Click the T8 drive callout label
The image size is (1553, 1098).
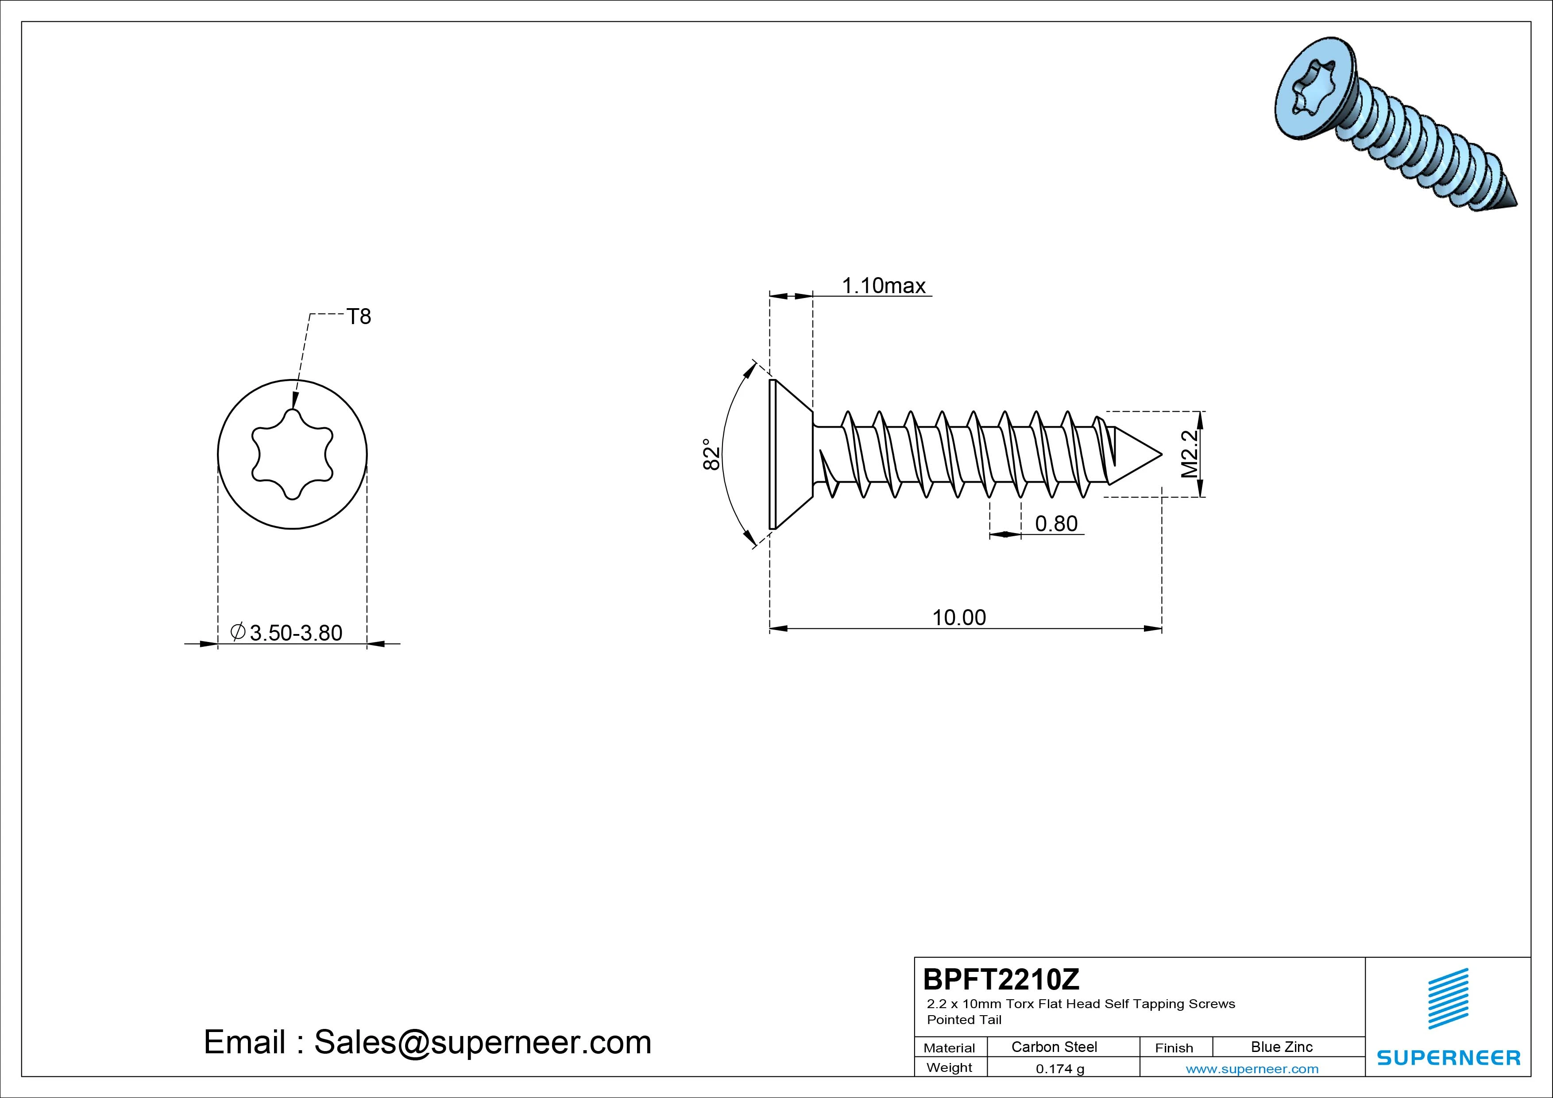(359, 317)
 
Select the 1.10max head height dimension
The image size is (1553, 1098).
(883, 286)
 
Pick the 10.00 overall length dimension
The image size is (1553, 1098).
(959, 617)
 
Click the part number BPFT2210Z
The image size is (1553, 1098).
(1001, 979)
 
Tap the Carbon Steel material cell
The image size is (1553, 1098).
(1054, 1047)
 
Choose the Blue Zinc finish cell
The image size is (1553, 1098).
(1282, 1047)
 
